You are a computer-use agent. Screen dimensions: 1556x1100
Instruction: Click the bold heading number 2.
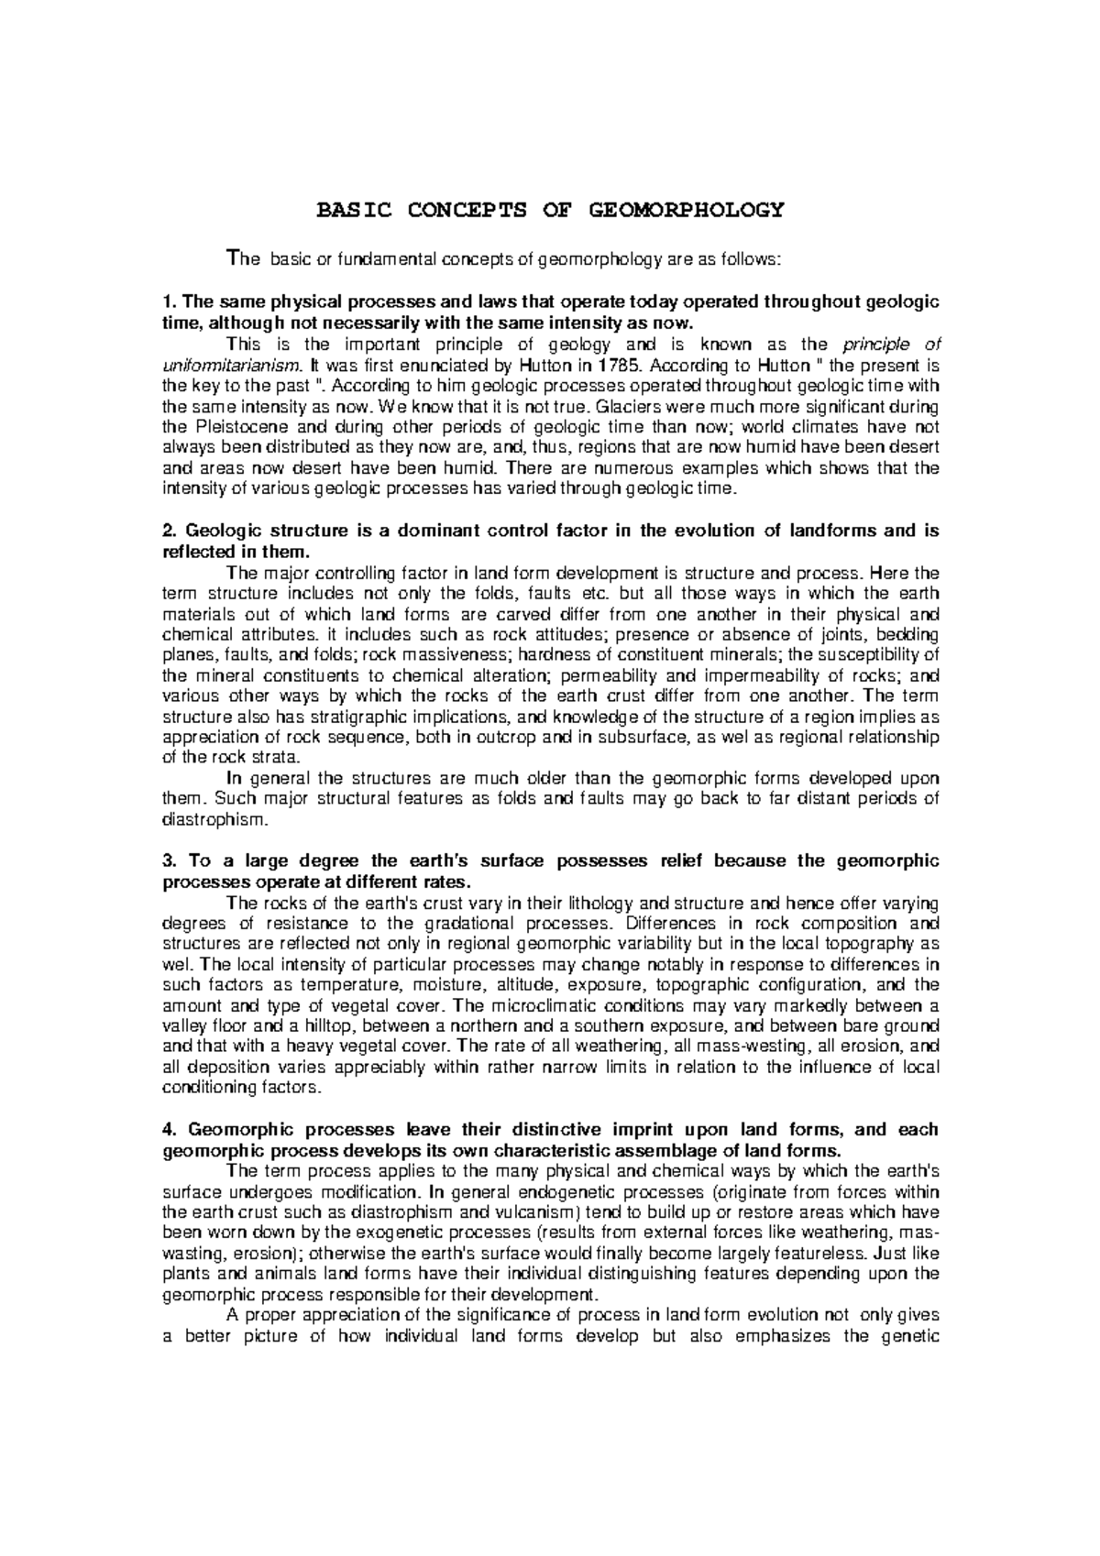pos(168,531)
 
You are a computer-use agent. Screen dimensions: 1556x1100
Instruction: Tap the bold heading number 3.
pos(168,861)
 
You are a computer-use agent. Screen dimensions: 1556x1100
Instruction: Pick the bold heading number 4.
pos(168,1130)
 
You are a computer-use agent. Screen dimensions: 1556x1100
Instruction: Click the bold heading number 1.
pos(167,303)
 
